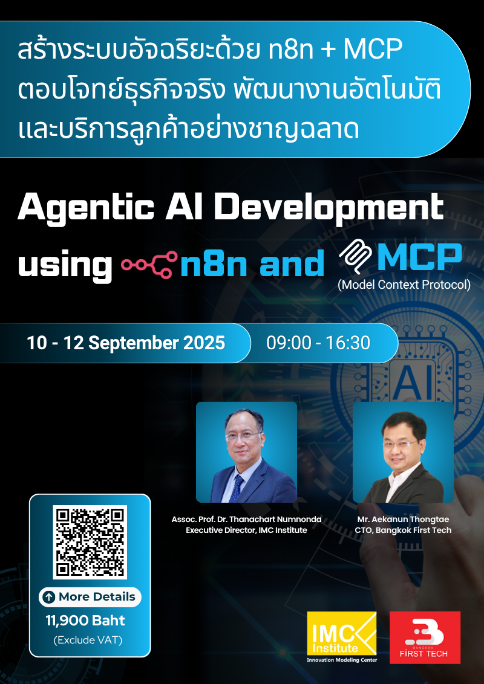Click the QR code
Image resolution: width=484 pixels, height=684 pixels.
[x=90, y=541]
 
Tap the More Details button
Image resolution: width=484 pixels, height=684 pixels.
[x=90, y=597]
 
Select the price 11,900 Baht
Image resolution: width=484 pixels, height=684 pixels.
[x=85, y=621]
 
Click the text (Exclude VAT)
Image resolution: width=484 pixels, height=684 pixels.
[x=88, y=640]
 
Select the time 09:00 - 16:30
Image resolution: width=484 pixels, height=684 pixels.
[x=318, y=343]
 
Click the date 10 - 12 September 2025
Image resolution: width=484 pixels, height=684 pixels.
[x=126, y=343]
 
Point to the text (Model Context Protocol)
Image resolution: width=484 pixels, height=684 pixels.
[x=404, y=285]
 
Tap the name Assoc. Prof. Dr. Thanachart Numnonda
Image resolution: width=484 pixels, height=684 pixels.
[x=246, y=519]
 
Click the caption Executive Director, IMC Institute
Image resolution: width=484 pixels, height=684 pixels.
[x=246, y=530]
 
